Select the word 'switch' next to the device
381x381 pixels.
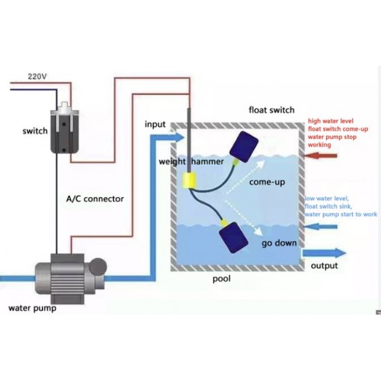pos(35,131)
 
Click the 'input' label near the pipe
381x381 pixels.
pos(155,124)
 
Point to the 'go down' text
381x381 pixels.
pos(279,243)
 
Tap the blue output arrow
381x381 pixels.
pos(325,253)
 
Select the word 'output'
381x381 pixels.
pos(324,266)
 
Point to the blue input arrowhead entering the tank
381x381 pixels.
pos(179,137)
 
